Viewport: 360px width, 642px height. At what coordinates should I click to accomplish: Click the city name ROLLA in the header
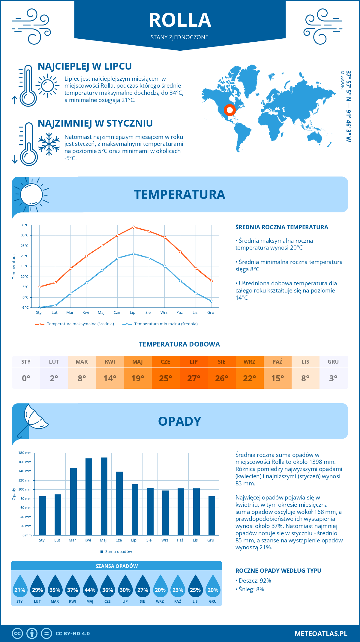pyautogui.click(x=180, y=20)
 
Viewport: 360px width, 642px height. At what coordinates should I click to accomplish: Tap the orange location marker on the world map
pyautogui.click(x=229, y=110)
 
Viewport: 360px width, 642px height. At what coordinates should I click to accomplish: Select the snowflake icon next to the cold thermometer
pyautogui.click(x=49, y=144)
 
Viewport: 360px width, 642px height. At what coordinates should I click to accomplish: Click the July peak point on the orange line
pyautogui.click(x=133, y=227)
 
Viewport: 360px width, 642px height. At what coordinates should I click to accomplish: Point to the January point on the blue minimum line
pyautogui.click(x=40, y=307)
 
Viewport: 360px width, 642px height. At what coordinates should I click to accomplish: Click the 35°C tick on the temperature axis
pyautogui.click(x=25, y=225)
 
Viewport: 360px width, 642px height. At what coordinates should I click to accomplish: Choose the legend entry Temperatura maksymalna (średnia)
pyautogui.click(x=80, y=324)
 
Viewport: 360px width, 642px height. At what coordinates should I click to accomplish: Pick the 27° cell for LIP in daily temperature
pyautogui.click(x=193, y=378)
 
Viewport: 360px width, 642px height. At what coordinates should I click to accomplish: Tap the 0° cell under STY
pyautogui.click(x=26, y=378)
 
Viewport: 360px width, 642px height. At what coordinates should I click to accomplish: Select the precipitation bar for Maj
pyautogui.click(x=104, y=496)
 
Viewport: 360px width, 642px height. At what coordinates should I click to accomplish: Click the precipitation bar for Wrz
pyautogui.click(x=165, y=513)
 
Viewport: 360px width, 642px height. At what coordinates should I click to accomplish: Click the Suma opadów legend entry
pyautogui.click(x=118, y=552)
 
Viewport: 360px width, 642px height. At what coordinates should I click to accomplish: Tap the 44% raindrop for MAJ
pyautogui.click(x=90, y=588)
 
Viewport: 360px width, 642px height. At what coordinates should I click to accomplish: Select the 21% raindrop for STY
pyautogui.click(x=20, y=588)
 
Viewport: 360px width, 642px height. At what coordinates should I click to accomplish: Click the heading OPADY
pyautogui.click(x=179, y=421)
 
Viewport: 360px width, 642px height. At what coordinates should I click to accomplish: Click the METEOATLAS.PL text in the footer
pyautogui.click(x=321, y=634)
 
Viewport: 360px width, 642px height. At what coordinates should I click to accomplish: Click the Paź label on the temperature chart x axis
pyautogui.click(x=179, y=313)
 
